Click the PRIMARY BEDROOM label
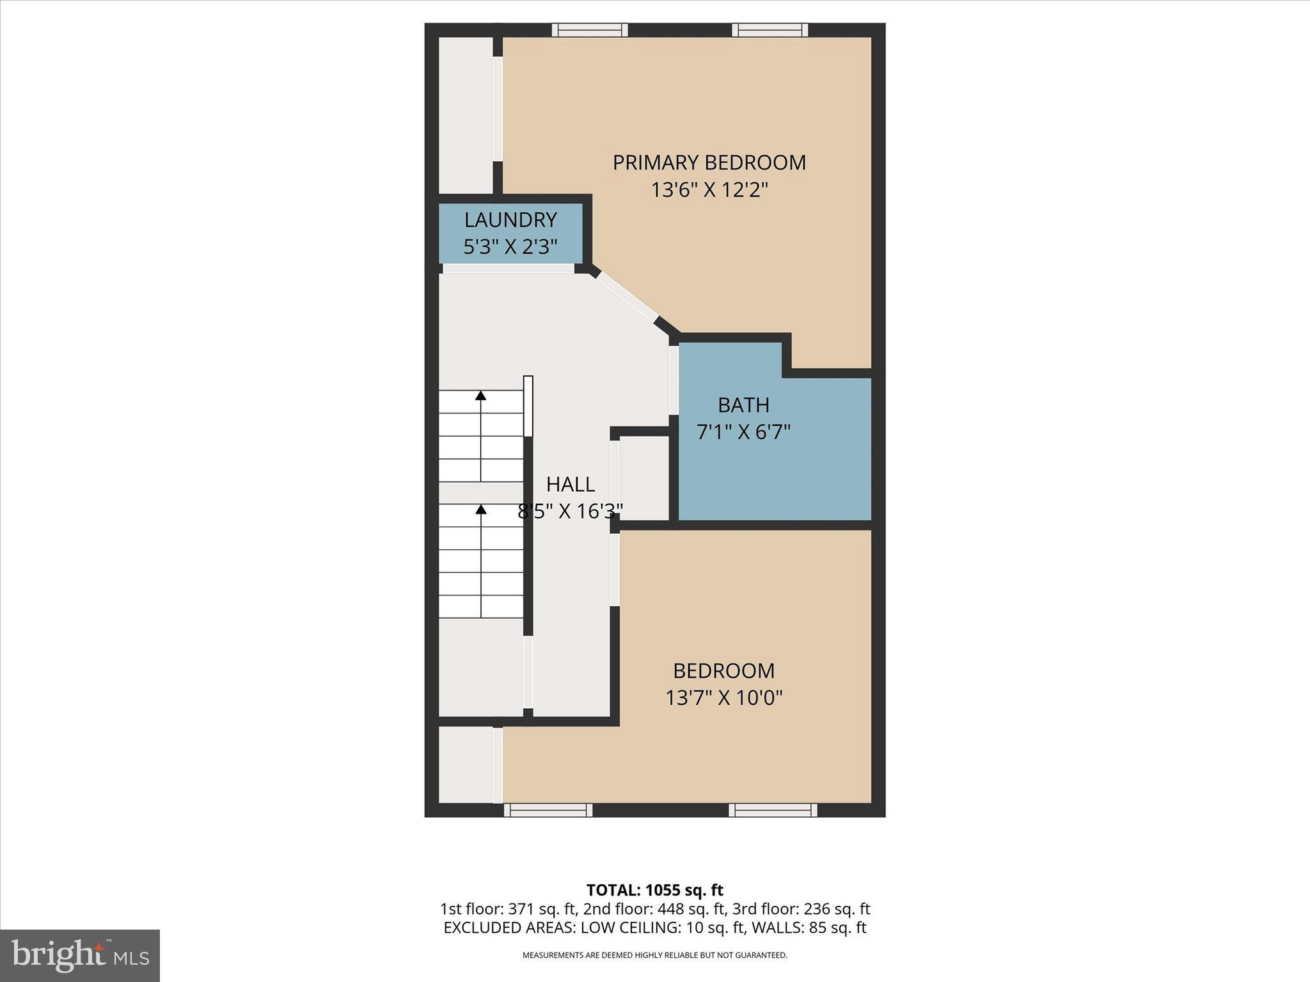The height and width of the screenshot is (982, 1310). click(x=709, y=162)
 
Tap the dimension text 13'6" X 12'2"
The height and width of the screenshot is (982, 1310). click(x=709, y=190)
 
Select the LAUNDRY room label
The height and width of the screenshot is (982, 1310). click(x=510, y=220)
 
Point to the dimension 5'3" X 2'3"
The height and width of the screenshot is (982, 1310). click(x=510, y=247)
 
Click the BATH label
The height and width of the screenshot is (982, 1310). click(x=743, y=405)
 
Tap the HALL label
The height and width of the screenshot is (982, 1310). click(x=571, y=485)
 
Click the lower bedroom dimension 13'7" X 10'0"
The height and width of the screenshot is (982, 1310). click(x=723, y=698)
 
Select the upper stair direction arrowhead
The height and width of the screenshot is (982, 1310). click(x=480, y=396)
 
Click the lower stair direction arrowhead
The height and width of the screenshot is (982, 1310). click(x=480, y=510)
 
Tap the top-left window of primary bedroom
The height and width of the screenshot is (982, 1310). click(x=590, y=30)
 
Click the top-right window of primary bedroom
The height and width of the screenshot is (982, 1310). click(x=769, y=30)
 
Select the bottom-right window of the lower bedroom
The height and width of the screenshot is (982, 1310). click(x=773, y=810)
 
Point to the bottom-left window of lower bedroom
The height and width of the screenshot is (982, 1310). click(x=548, y=810)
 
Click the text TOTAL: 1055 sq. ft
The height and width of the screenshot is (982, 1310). click(x=654, y=890)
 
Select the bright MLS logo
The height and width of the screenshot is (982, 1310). click(x=80, y=956)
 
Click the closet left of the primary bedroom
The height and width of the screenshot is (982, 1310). click(x=465, y=115)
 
